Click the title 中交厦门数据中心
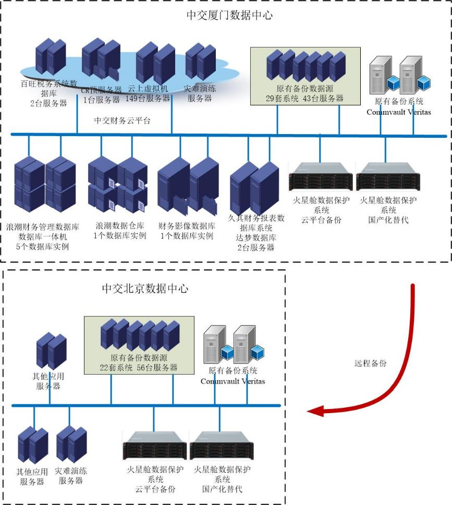tap(229, 15)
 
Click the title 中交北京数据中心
tap(144, 288)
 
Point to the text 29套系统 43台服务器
tap(304, 98)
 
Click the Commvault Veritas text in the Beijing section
tap(233, 381)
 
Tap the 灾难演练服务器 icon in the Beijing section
tap(71, 443)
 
